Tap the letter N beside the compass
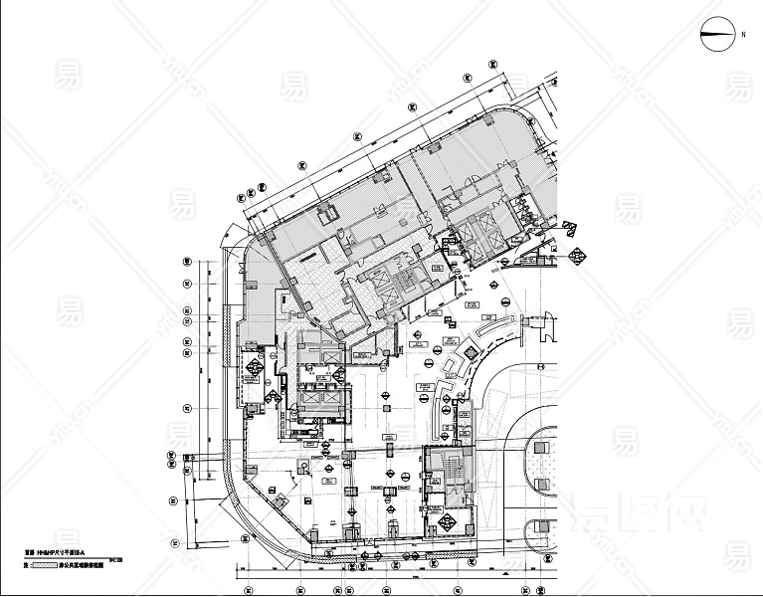tap(742, 35)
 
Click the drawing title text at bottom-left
tap(50, 549)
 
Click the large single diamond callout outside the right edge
tap(576, 254)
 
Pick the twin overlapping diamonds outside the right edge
tap(574, 228)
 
